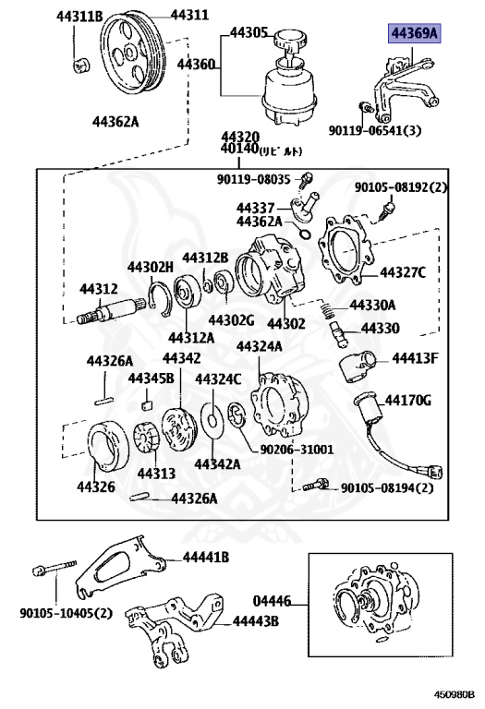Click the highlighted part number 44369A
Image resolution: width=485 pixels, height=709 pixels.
click(414, 33)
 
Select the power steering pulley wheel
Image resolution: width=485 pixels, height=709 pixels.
click(132, 54)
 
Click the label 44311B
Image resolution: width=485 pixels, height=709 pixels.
click(79, 17)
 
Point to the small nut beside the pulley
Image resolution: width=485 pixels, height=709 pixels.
click(81, 66)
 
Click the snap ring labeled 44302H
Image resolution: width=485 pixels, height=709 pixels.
click(160, 299)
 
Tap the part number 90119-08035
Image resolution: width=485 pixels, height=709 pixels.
click(253, 179)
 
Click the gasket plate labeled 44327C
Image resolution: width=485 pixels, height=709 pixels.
click(346, 250)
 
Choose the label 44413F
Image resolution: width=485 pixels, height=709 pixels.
click(415, 358)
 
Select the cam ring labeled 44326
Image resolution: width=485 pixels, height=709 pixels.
click(108, 446)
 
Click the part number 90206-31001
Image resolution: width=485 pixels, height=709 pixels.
click(297, 450)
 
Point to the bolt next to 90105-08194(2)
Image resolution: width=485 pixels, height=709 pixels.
click(316, 486)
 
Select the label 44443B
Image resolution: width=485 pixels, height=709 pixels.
click(256, 620)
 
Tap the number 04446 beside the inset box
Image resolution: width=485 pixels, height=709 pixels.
click(272, 601)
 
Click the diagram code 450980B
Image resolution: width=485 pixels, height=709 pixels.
click(455, 694)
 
